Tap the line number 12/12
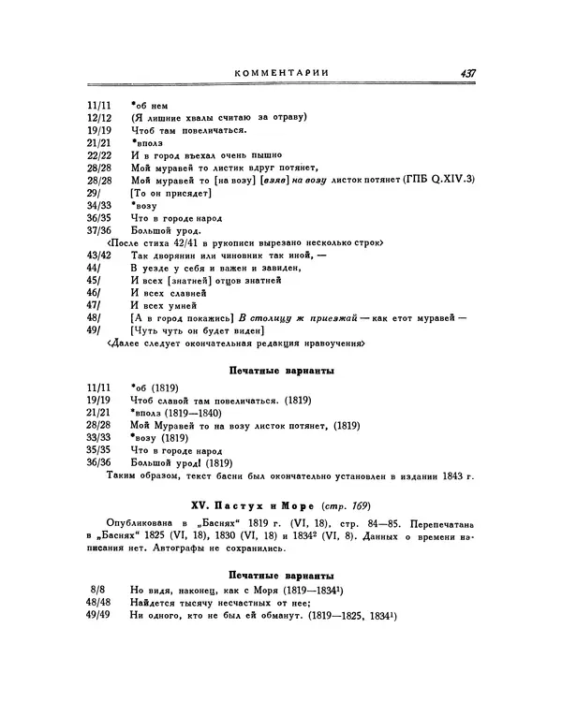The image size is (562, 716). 98,118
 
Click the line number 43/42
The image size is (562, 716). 98,255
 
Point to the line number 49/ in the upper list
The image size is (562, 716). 92,330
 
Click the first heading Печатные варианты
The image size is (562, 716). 284,372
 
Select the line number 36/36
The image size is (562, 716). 98,461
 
